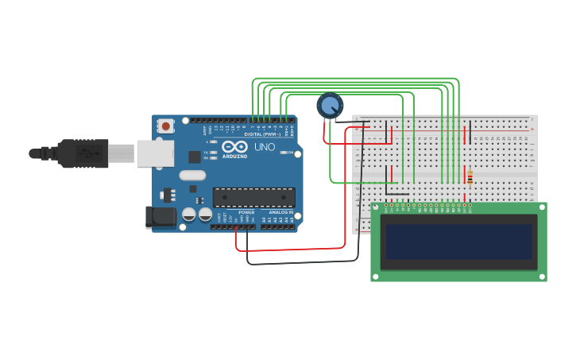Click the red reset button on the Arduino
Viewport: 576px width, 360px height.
[165, 126]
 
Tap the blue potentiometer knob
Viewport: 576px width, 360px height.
[330, 105]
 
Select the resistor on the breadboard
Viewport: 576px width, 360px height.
[470, 178]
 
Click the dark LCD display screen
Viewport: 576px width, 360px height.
[458, 241]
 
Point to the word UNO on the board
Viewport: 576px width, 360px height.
[265, 147]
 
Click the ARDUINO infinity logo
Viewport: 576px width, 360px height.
[234, 147]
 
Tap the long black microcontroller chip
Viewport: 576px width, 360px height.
[253, 198]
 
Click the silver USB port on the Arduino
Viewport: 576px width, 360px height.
[155, 153]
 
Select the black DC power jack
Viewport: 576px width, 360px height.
[160, 217]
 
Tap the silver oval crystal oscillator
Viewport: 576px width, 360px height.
[192, 176]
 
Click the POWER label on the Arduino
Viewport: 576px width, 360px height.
[246, 212]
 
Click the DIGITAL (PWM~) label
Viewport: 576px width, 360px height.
[263, 134]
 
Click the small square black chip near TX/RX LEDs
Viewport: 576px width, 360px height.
[195, 157]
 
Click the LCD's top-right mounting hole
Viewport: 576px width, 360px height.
[542, 207]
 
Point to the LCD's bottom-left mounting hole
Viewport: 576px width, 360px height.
[376, 276]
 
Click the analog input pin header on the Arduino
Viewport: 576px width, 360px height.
[278, 226]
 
